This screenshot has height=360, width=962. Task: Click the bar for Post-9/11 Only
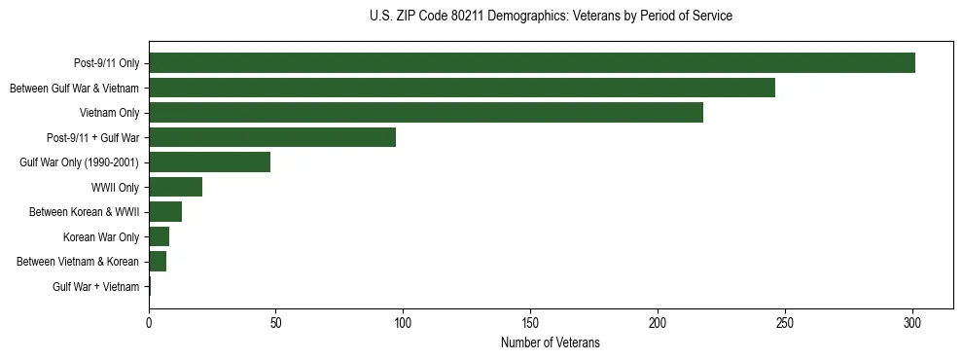point(532,63)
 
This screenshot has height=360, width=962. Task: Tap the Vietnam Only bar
point(426,113)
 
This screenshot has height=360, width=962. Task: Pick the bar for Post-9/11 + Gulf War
point(272,137)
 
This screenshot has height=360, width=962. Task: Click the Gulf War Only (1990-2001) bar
point(210,162)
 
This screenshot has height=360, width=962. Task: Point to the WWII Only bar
point(176,187)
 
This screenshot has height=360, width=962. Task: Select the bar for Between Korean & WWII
point(165,212)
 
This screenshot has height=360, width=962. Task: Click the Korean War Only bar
point(160,236)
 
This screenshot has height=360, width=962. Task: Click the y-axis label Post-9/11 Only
point(106,64)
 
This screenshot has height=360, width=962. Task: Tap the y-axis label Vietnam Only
point(109,114)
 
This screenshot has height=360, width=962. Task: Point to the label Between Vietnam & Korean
point(78,262)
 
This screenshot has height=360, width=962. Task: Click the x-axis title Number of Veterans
point(551,343)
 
